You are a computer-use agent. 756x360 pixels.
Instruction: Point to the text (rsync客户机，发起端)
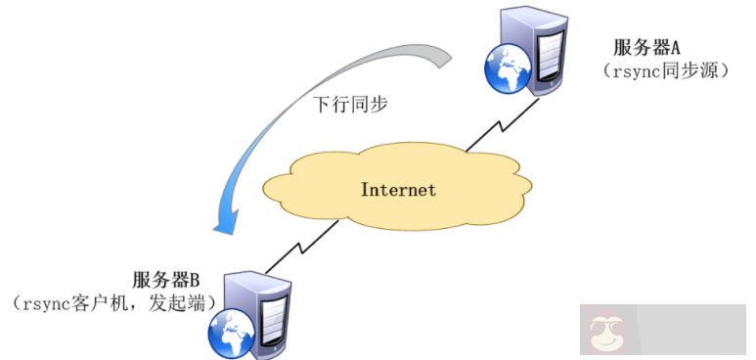point(115,304)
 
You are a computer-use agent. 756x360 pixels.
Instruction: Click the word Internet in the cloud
point(398,189)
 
